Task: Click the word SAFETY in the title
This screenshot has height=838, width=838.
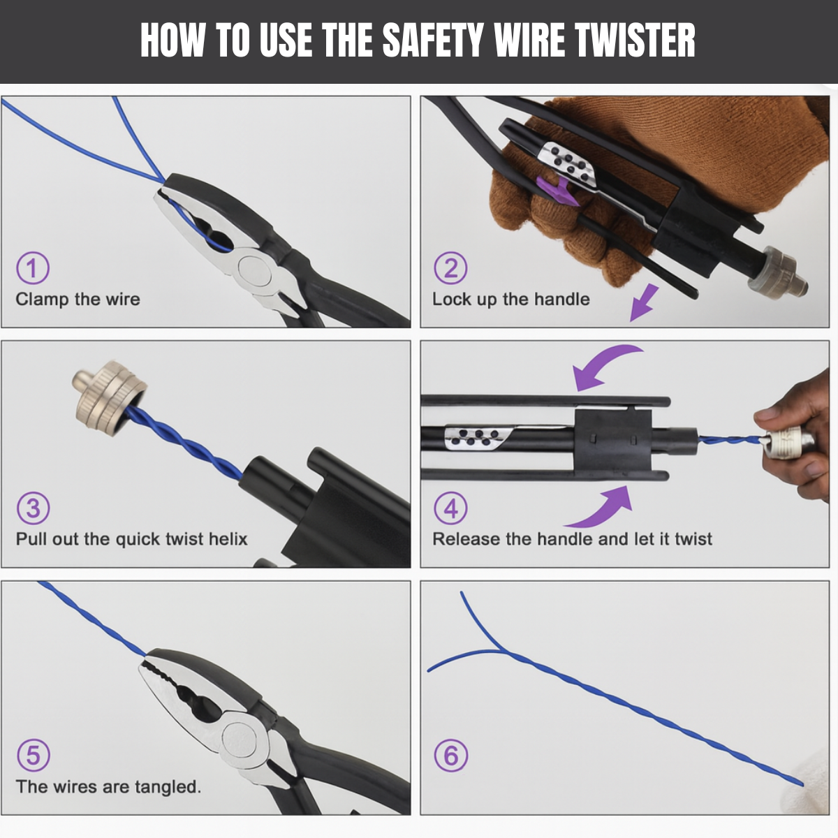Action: (x=432, y=41)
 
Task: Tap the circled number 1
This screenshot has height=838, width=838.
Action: (x=32, y=268)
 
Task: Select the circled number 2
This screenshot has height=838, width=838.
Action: (x=450, y=268)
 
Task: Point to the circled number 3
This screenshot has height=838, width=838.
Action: (x=33, y=508)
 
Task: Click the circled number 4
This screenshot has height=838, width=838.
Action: (x=450, y=508)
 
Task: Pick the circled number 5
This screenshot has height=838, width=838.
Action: (x=33, y=756)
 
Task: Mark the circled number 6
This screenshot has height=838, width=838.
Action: (x=450, y=756)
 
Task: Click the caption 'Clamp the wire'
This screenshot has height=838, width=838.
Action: (x=78, y=300)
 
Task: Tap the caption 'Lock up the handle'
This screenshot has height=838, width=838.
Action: (x=510, y=300)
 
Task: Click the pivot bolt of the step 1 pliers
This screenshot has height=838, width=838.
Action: (x=253, y=270)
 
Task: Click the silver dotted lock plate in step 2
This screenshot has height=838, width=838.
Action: (x=569, y=166)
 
